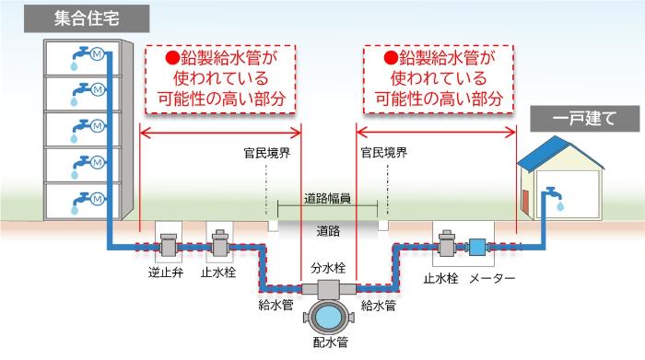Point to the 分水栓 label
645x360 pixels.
(x=328, y=269)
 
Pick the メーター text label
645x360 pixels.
(x=494, y=277)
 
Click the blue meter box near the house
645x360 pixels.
(x=477, y=247)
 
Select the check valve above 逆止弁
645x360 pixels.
(x=169, y=246)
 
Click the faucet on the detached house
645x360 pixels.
(x=552, y=196)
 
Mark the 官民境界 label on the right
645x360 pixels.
(x=384, y=151)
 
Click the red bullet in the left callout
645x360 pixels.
(x=171, y=57)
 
